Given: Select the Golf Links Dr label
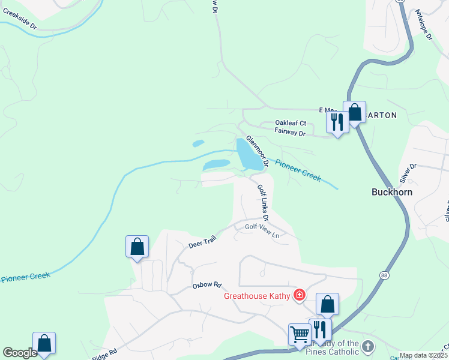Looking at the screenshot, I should pyautogui.click(x=263, y=202).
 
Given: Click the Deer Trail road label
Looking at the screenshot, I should pyautogui.click(x=202, y=242).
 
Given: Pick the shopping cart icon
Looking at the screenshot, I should pyautogui.click(x=299, y=333).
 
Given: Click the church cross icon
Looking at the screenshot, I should pyautogui.click(x=368, y=346).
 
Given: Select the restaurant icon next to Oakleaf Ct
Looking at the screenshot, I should pyautogui.click(x=337, y=122).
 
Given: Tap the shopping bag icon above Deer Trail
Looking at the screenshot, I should pyautogui.click(x=137, y=247).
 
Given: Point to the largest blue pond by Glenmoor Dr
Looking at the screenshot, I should pyautogui.click(x=249, y=154).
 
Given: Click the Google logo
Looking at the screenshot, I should pyautogui.click(x=20, y=353).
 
